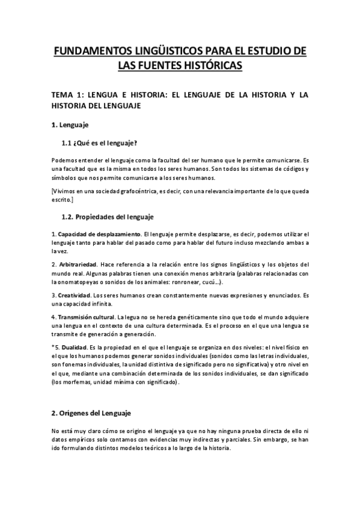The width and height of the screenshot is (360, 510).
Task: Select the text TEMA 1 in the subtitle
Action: coord(66,96)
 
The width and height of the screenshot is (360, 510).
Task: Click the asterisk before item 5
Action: coord(53,348)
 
